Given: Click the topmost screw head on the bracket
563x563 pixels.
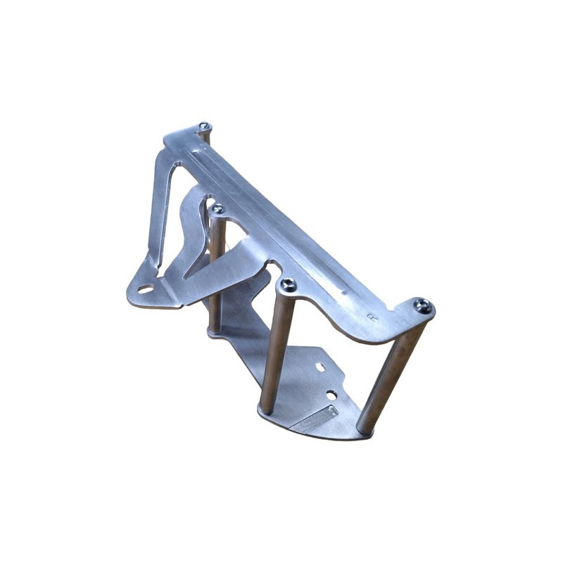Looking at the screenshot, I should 204,127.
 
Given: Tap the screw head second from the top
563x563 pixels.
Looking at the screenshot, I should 218,209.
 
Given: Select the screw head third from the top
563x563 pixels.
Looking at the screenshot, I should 288,285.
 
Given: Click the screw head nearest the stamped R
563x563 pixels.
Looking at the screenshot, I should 422,305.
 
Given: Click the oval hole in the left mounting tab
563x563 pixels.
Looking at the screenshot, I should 145,289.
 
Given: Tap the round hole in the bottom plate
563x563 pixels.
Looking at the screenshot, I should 330,395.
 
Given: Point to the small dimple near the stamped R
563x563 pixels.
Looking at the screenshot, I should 343,291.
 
